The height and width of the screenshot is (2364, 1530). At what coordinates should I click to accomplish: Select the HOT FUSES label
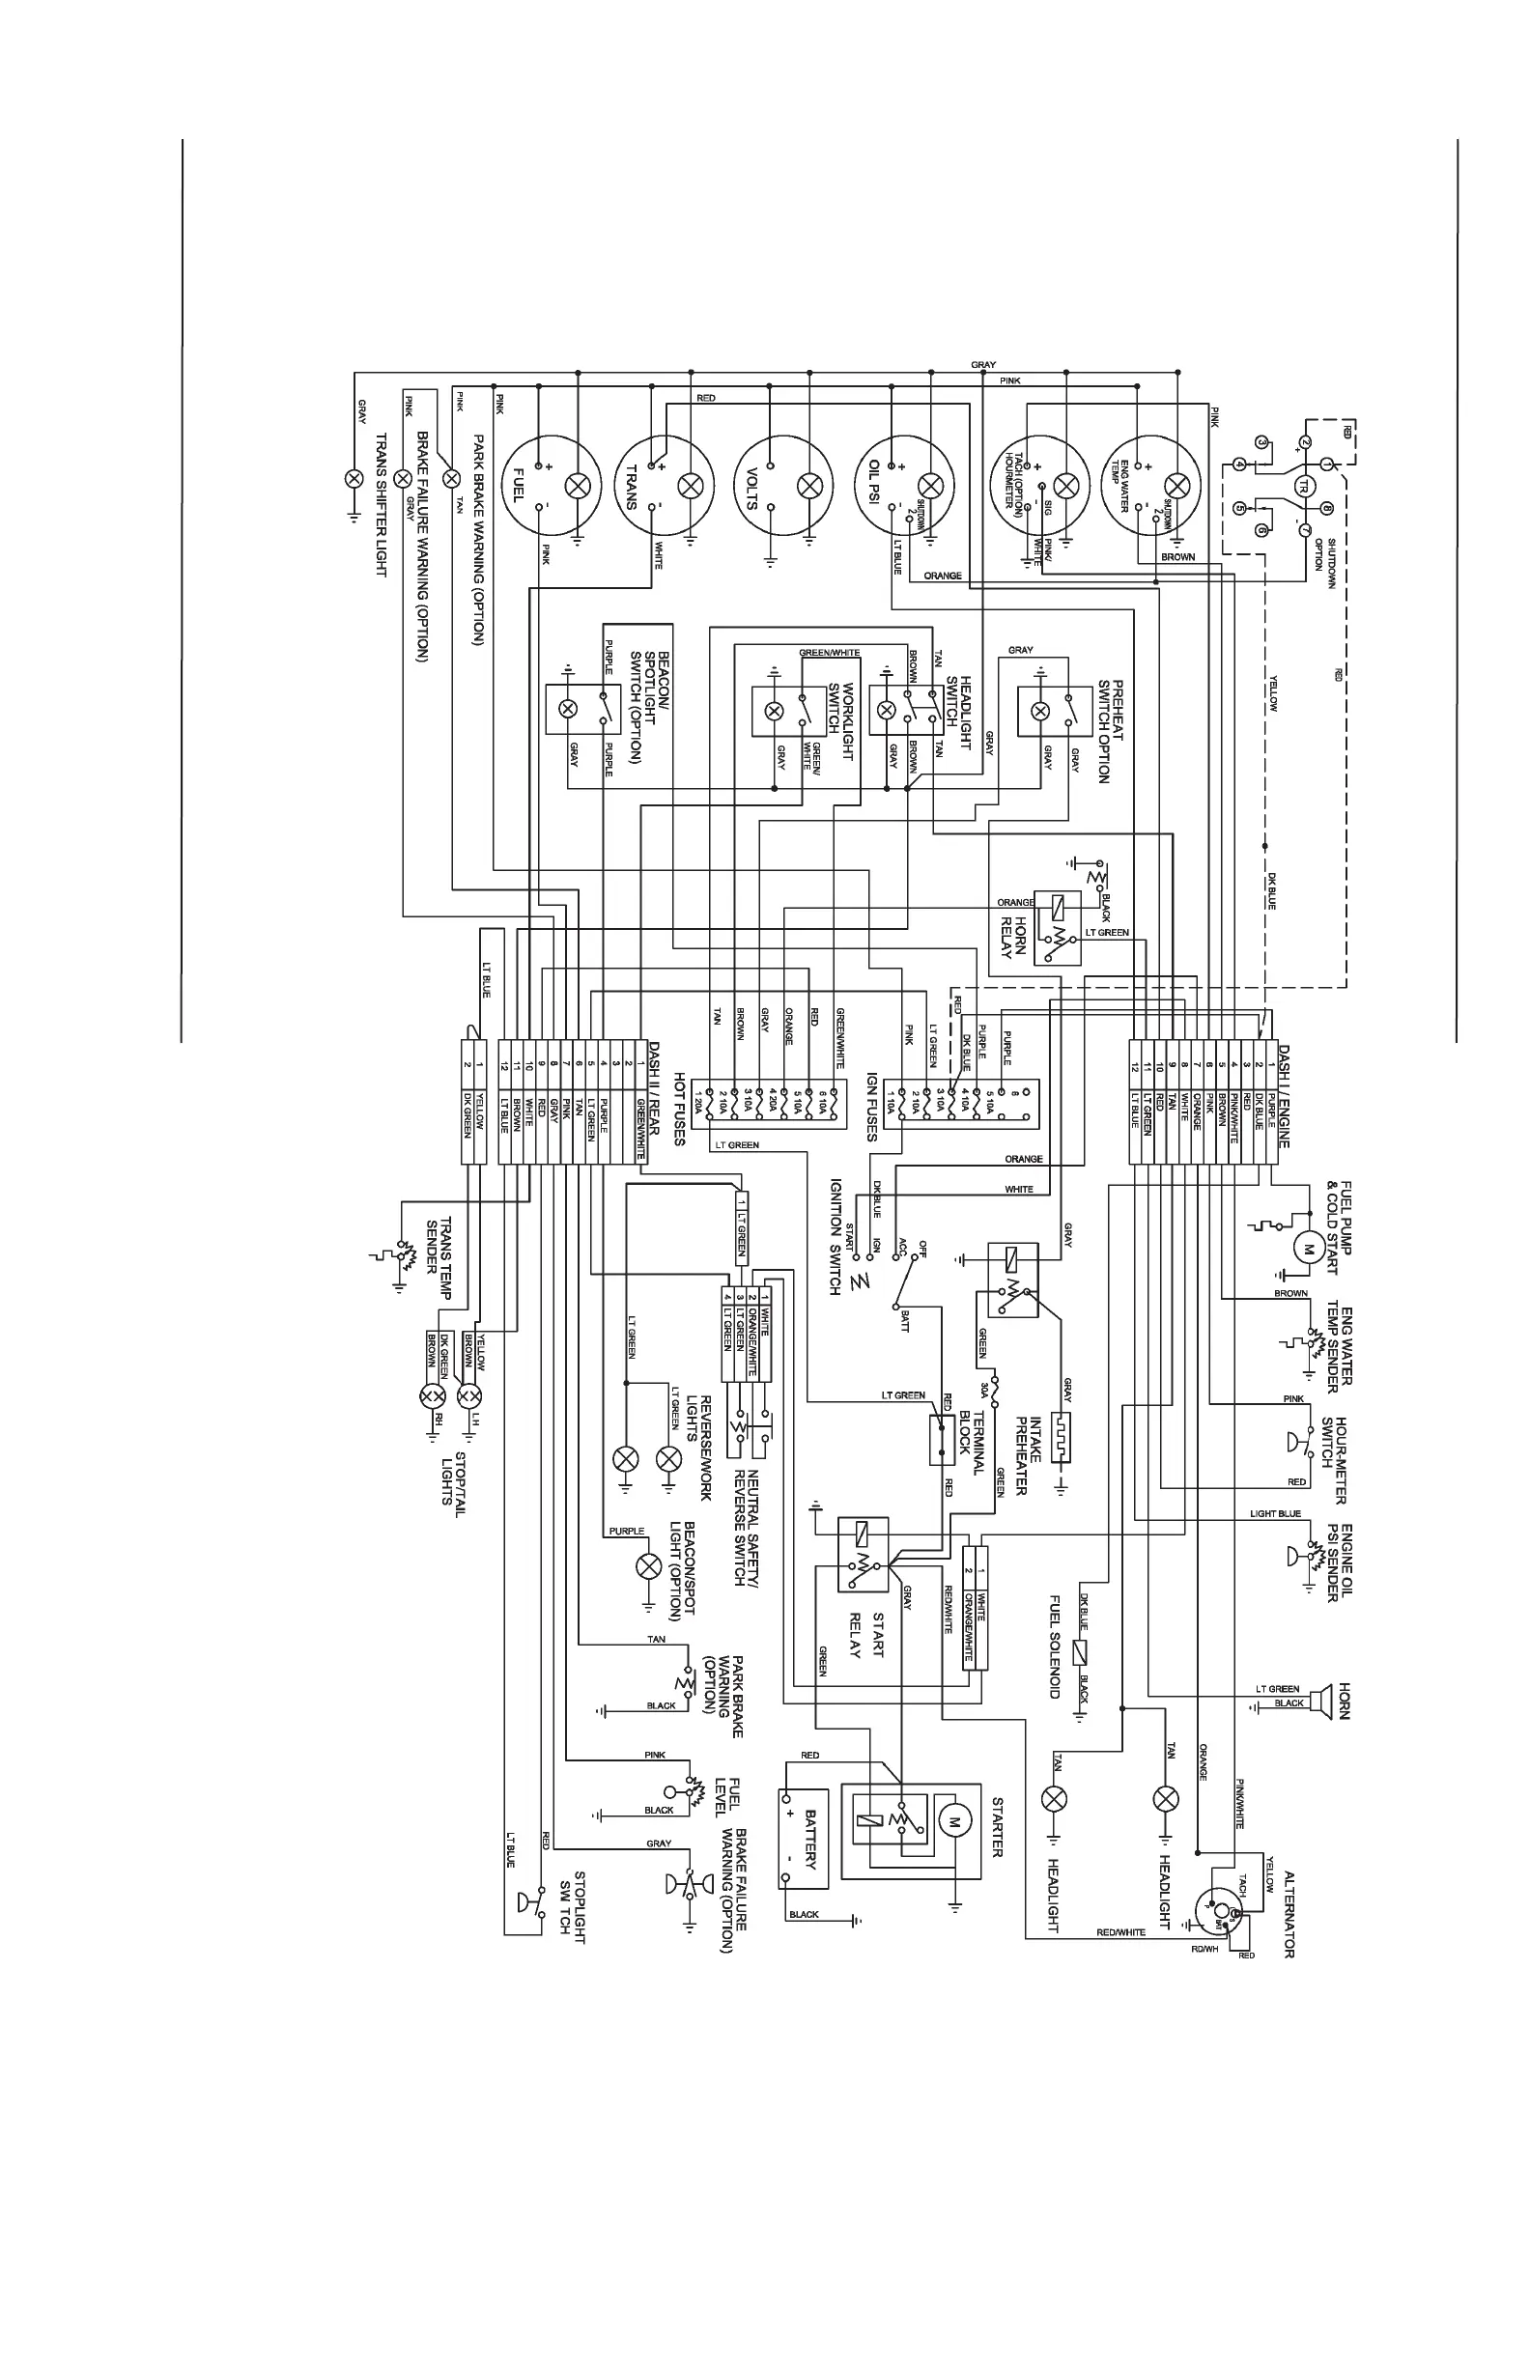680,1109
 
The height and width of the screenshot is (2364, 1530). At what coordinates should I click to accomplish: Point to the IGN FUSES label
871,1107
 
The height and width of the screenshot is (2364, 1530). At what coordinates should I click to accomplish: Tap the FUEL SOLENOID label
1056,1646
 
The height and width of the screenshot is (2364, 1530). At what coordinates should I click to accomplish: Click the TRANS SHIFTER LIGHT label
380,505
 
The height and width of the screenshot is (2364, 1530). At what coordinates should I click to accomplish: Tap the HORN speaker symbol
1319,1700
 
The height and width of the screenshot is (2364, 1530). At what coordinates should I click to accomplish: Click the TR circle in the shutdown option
1303,486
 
